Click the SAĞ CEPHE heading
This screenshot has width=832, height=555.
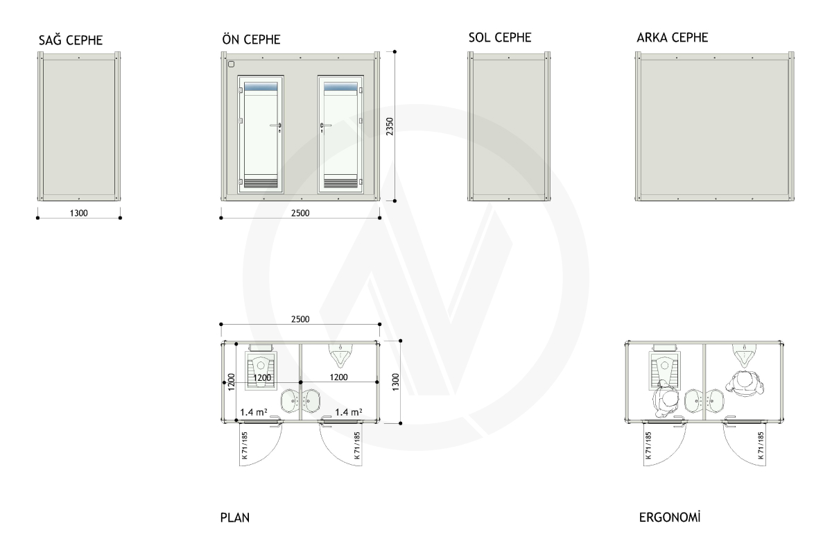(71, 40)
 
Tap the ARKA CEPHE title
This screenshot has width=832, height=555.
(673, 37)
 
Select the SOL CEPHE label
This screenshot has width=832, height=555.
(500, 37)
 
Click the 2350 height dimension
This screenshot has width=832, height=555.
(390, 126)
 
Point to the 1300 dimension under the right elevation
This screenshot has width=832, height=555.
(79, 213)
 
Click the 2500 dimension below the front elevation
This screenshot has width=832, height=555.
(300, 213)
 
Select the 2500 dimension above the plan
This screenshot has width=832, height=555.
(300, 319)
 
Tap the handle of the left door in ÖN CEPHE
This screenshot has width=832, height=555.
(276, 126)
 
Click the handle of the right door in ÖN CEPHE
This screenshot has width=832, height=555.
(325, 126)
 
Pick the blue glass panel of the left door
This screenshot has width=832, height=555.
(261, 87)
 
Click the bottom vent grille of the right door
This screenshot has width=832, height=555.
(340, 183)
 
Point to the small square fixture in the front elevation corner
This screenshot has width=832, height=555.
(231, 65)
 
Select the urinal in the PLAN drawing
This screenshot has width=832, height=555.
(340, 355)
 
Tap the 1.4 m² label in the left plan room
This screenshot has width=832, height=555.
(254, 412)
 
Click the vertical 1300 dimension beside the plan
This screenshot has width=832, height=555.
(395, 382)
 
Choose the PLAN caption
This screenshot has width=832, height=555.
(235, 518)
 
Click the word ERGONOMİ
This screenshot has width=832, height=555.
(670, 517)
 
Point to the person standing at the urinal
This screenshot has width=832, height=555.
(745, 384)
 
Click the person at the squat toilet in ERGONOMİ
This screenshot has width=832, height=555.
(666, 398)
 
